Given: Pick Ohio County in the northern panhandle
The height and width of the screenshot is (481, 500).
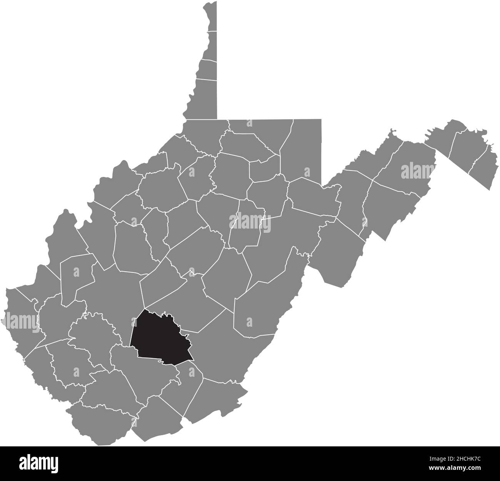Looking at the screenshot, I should click(207, 69).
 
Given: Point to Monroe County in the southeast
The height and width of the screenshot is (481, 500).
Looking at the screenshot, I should click(215, 396).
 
